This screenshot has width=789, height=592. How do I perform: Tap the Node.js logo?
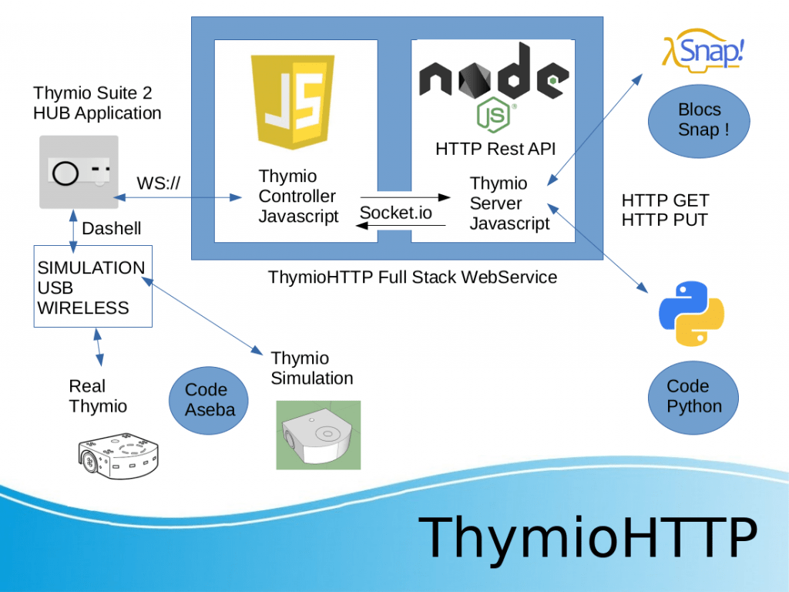[494, 86]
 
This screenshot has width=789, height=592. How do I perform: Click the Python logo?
[692, 313]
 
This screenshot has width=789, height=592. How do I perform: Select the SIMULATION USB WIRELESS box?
[92, 288]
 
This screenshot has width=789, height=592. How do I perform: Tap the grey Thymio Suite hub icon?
[79, 172]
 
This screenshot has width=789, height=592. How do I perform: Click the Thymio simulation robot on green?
[318, 435]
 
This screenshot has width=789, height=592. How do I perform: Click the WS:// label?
[159, 183]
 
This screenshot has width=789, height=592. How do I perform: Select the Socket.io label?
[396, 213]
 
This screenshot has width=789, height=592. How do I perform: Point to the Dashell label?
[112, 228]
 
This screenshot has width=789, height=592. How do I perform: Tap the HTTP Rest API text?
[495, 149]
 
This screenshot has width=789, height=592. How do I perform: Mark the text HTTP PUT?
[664, 220]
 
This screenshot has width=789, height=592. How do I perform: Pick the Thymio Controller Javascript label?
[298, 197]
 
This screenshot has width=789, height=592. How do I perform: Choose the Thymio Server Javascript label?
[509, 203]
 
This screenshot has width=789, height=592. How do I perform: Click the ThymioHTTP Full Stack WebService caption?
[412, 277]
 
